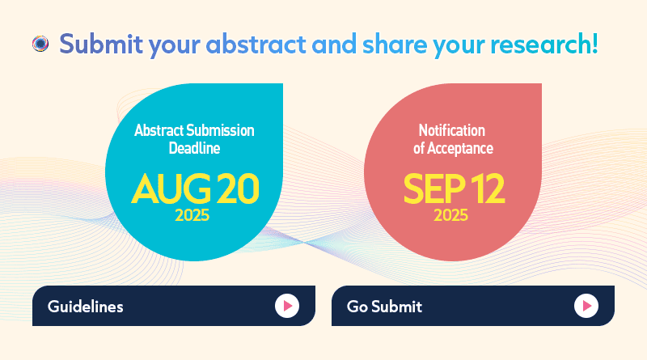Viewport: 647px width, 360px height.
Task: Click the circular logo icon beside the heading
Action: [40, 44]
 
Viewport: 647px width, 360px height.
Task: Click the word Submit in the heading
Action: [101, 44]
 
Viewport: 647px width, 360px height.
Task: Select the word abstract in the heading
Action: [256, 44]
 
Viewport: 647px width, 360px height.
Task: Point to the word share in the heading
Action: [395, 44]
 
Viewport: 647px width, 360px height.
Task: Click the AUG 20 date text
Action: [195, 188]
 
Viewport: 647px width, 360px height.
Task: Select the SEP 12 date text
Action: [454, 188]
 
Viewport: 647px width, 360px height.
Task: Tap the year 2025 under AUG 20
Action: [192, 215]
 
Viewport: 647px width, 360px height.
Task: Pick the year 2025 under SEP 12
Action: [450, 215]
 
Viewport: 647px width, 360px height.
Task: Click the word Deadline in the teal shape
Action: [194, 148]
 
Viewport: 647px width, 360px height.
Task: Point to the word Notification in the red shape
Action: [452, 130]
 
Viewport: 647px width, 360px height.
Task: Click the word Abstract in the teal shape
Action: [159, 130]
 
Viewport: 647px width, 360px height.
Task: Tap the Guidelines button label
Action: [86, 307]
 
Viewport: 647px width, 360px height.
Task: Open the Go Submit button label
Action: [384, 307]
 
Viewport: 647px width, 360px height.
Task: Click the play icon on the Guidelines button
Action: [287, 306]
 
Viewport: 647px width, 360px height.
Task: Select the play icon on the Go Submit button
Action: [586, 306]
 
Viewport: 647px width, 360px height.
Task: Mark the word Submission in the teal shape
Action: [220, 130]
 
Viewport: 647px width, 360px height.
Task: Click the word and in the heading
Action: [334, 44]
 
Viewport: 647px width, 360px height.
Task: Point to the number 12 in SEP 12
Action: [488, 188]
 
